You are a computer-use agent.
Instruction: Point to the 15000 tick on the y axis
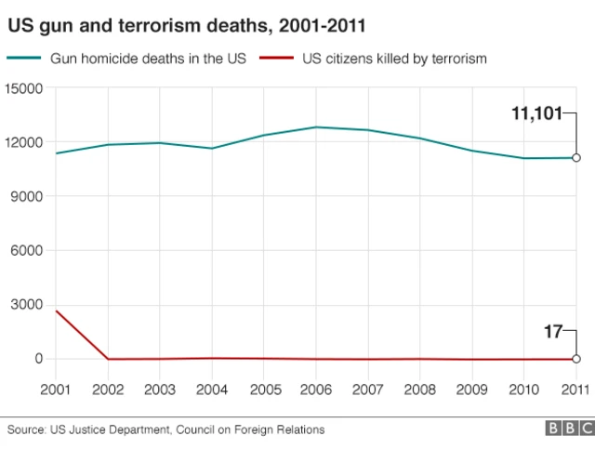pyautogui.click(x=26, y=88)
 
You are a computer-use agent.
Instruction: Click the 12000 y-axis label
pyautogui.click(x=26, y=142)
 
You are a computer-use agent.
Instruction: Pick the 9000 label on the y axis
pyautogui.click(x=29, y=196)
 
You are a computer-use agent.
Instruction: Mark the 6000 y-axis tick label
pyautogui.click(x=29, y=250)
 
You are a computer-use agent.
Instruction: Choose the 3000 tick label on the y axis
pyautogui.click(x=29, y=305)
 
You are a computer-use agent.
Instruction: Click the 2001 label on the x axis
pyautogui.click(x=56, y=389)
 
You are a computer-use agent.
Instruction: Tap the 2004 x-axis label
pyautogui.click(x=212, y=389)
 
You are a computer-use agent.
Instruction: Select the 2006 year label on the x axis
pyautogui.click(x=316, y=389)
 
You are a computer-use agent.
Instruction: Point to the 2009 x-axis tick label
pyautogui.click(x=472, y=389)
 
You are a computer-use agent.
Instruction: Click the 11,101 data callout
pyautogui.click(x=536, y=114)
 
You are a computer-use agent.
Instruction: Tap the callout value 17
pyautogui.click(x=554, y=330)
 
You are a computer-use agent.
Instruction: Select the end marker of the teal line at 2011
pyautogui.click(x=576, y=158)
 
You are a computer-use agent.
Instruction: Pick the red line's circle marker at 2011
pyautogui.click(x=576, y=359)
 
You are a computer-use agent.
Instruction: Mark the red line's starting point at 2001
pyautogui.click(x=57, y=311)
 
